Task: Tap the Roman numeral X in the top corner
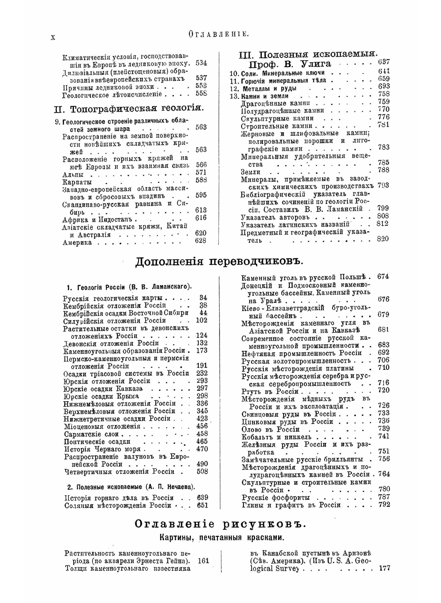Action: pos(53,38)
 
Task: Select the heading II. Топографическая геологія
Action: pos(128,108)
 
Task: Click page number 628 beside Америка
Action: pos(201,241)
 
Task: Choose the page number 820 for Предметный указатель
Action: pos(383,239)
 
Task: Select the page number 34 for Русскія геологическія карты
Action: pos(203,298)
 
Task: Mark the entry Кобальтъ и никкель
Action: pos(276,437)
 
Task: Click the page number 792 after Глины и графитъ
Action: pos(384,505)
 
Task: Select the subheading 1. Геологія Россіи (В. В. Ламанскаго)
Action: pos(129,286)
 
